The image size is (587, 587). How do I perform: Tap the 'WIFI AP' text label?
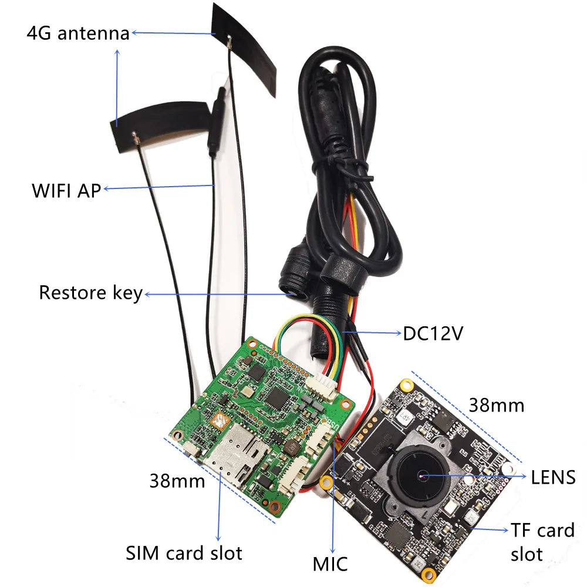pyautogui.click(x=66, y=190)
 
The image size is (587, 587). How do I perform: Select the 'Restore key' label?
pyautogui.click(x=90, y=292)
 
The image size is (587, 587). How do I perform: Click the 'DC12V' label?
pyautogui.click(x=433, y=333)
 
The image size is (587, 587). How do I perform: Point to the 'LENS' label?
pyautogui.click(x=553, y=477)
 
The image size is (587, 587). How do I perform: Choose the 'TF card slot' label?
pyautogui.click(x=542, y=541)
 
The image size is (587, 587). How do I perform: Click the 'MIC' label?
pyautogui.click(x=330, y=564)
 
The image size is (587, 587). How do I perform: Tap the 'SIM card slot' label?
pyautogui.click(x=184, y=552)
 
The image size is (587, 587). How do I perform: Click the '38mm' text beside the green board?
pyautogui.click(x=177, y=481)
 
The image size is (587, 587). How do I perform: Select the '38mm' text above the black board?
pyautogui.click(x=496, y=404)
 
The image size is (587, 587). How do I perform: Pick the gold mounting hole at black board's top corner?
pyautogui.click(x=404, y=385)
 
